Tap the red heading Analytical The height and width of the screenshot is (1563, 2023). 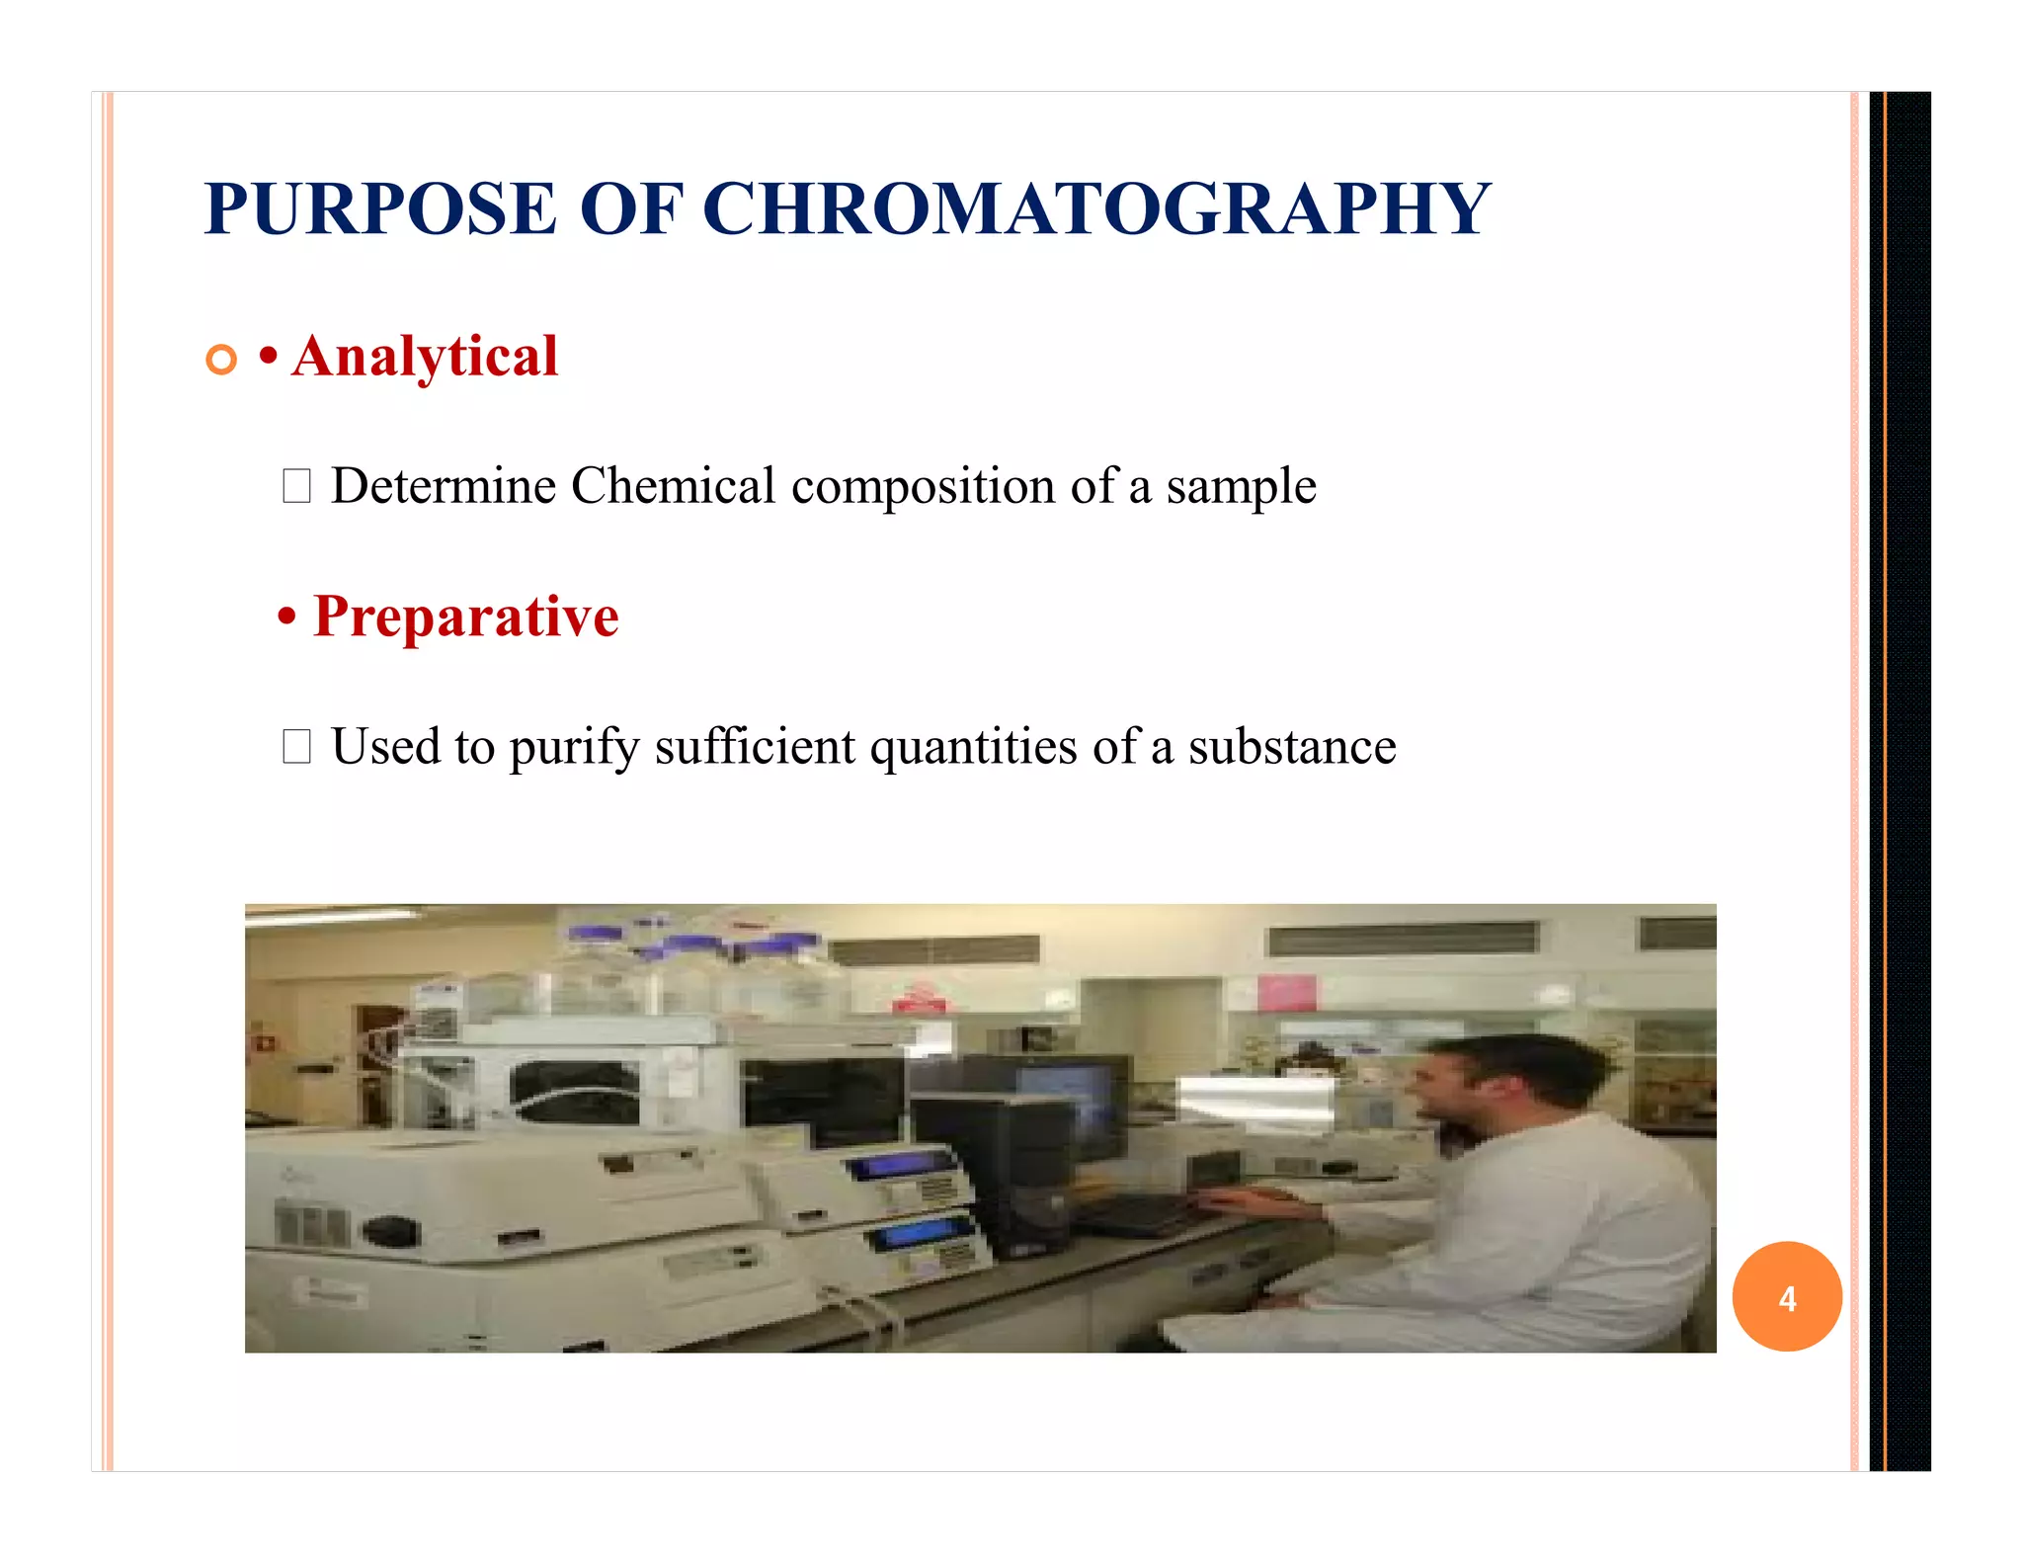pyautogui.click(x=425, y=357)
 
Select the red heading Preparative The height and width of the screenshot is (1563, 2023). pyautogui.click(x=465, y=617)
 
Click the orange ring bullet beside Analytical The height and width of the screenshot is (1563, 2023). pyautogui.click(x=222, y=360)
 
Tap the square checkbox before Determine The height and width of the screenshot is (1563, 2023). pyautogui.click(x=296, y=486)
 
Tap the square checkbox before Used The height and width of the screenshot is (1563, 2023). pyautogui.click(x=296, y=747)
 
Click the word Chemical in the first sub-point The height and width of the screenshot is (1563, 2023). pyautogui.click(x=673, y=486)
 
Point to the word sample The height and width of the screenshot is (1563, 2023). pyautogui.click(x=1241, y=486)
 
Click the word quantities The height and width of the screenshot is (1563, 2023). pyautogui.click(x=974, y=747)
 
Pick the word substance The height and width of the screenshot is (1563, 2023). pyautogui.click(x=1292, y=747)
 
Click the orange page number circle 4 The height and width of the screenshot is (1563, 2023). pyautogui.click(x=1786, y=1297)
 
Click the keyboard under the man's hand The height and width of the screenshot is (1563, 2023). pyautogui.click(x=1136, y=1213)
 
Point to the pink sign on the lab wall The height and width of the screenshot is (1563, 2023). pyautogui.click(x=1287, y=992)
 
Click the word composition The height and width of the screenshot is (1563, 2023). pyautogui.click(x=924, y=486)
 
